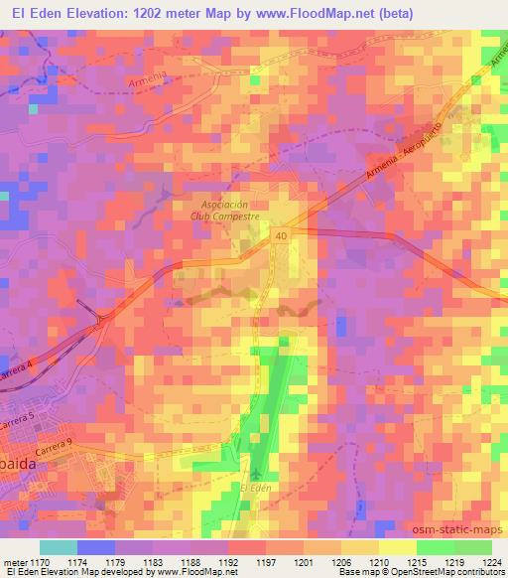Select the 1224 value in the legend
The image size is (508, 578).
[x=491, y=561]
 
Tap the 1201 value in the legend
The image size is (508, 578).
[x=304, y=561]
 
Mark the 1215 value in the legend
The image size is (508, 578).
[x=418, y=561]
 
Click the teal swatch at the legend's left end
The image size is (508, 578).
[x=59, y=547]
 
